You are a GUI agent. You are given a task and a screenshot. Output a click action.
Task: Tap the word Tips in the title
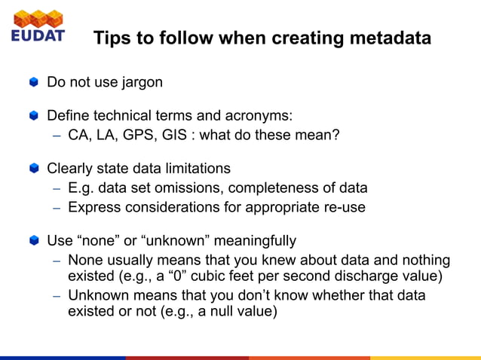(112, 38)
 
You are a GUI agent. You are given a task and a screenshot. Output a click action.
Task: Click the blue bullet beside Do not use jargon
(33, 81)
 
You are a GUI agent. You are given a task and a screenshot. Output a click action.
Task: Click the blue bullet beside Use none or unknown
(33, 241)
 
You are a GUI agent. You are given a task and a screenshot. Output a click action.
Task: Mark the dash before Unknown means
(57, 295)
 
